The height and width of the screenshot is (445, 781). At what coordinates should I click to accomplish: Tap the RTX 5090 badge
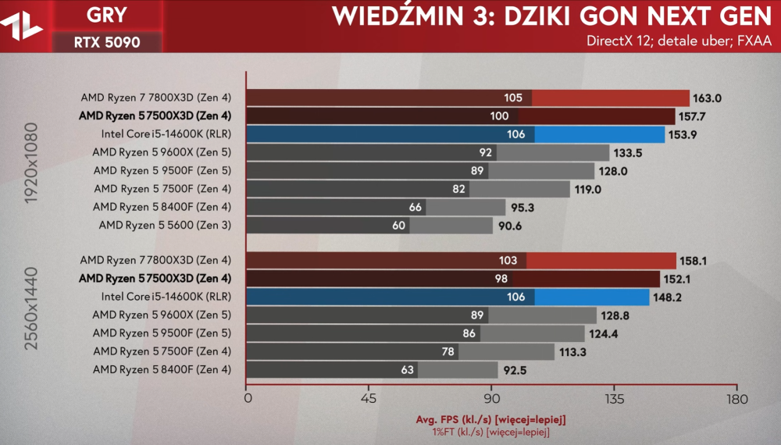pyautogui.click(x=107, y=42)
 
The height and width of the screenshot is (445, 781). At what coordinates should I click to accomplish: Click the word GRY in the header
pyautogui.click(x=107, y=16)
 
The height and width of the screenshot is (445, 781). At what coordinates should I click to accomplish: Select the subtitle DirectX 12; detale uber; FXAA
pyautogui.click(x=679, y=41)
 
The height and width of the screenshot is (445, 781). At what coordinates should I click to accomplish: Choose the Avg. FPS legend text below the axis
pyautogui.click(x=491, y=420)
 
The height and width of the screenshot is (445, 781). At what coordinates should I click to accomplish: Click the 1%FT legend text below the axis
pyautogui.click(x=491, y=432)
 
